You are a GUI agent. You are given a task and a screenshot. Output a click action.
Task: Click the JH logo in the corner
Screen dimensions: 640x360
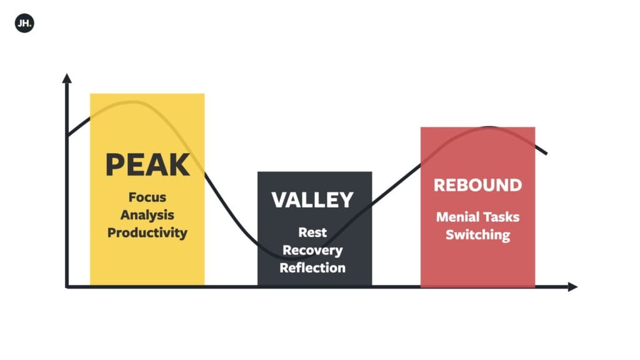pyautogui.click(x=24, y=23)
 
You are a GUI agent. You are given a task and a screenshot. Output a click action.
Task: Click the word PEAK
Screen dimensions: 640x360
pyautogui.click(x=147, y=164)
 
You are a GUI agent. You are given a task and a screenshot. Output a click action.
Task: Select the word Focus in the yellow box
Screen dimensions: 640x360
pyautogui.click(x=147, y=197)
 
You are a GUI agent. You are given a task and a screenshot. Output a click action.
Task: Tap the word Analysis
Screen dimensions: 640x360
pyautogui.click(x=147, y=215)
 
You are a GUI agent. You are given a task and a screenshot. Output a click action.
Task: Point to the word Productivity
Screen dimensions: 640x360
pyautogui.click(x=147, y=232)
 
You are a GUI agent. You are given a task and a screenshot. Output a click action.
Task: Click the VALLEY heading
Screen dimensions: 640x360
pyautogui.click(x=312, y=199)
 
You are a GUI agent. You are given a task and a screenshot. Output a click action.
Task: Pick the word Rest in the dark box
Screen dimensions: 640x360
pyautogui.click(x=312, y=232)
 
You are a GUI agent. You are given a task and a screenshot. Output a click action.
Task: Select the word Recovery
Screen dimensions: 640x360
pyautogui.click(x=312, y=250)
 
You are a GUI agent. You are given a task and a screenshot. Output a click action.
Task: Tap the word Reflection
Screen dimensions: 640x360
pyautogui.click(x=312, y=267)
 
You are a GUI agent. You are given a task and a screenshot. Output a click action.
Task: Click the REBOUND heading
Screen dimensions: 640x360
pyautogui.click(x=478, y=185)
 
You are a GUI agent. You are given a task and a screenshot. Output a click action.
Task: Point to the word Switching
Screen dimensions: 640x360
pyautogui.click(x=478, y=235)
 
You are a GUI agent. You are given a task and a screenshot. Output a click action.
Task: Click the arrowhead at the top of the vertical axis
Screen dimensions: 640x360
pyautogui.click(x=67, y=78)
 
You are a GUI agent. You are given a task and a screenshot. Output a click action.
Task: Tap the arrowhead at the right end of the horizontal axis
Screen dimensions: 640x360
pyautogui.click(x=573, y=287)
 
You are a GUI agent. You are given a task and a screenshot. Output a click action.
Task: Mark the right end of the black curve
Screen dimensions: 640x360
pyautogui.click(x=546, y=154)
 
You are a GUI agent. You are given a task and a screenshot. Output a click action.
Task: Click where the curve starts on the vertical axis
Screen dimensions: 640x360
pyautogui.click(x=67, y=136)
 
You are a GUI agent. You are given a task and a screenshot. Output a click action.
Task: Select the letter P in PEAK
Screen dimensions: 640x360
pyautogui.click(x=115, y=164)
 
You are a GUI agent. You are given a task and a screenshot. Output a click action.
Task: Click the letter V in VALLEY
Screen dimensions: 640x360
pyautogui.click(x=279, y=199)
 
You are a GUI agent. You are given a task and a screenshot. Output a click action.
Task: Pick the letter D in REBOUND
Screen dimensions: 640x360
pyautogui.click(x=515, y=185)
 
